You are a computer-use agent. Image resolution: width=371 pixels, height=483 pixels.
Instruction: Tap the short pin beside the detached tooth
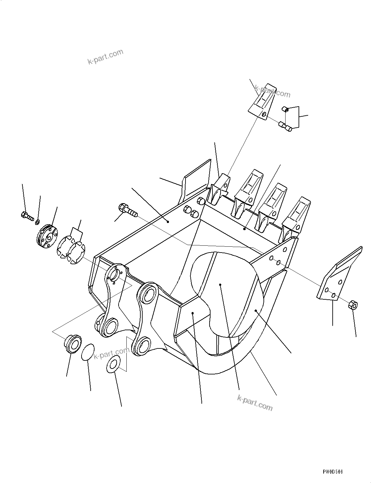286,110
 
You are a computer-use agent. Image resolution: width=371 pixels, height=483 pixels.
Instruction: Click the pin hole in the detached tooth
264,114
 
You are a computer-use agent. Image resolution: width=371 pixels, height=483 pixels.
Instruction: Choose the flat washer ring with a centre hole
114,364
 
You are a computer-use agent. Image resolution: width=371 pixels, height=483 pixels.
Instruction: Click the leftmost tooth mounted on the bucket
219,190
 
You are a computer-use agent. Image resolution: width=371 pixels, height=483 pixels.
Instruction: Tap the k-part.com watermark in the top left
105,57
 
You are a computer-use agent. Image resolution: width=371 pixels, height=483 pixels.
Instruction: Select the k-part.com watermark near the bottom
255,402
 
